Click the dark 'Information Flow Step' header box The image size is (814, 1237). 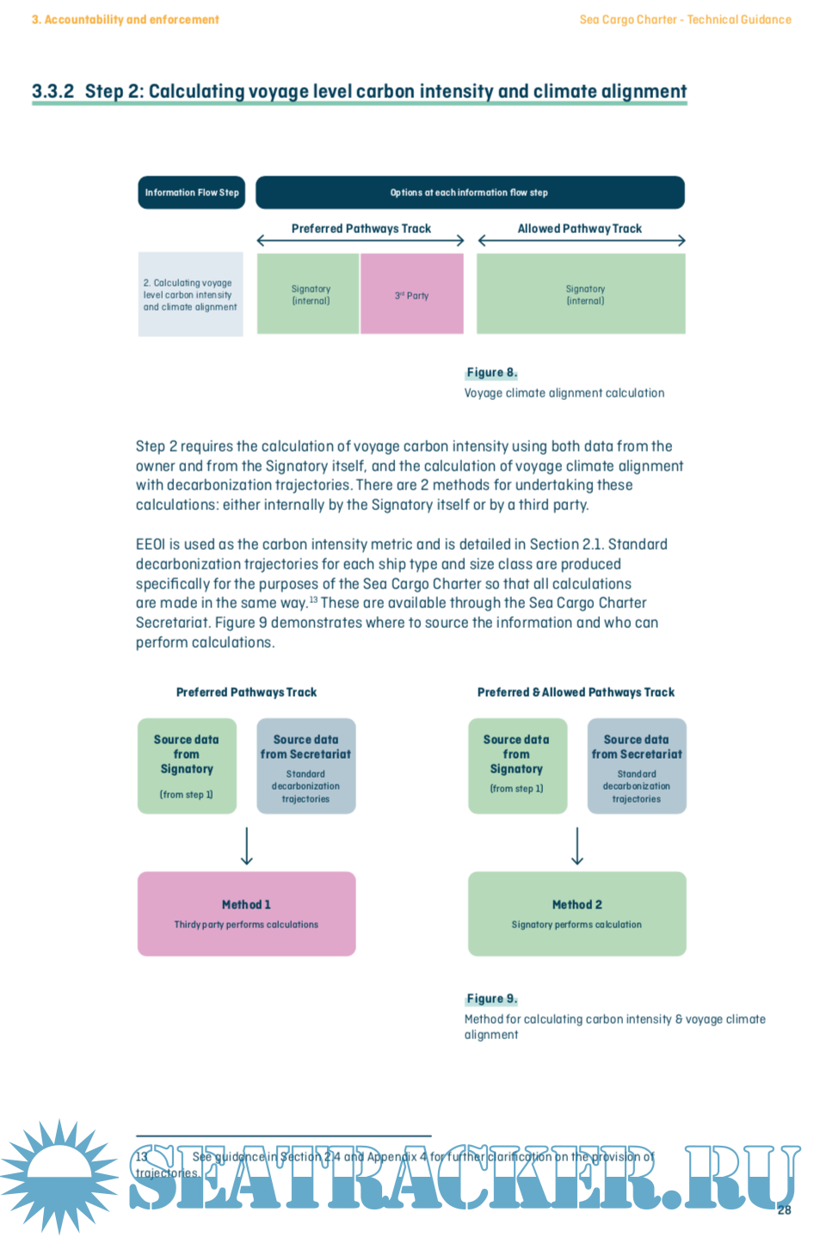pyautogui.click(x=192, y=193)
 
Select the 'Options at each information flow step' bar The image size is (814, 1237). pyautogui.click(x=470, y=193)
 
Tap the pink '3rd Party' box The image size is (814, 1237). pyautogui.click(x=411, y=294)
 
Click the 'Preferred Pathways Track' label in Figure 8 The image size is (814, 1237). pyautogui.click(x=361, y=229)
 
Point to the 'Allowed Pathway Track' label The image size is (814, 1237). pyautogui.click(x=579, y=229)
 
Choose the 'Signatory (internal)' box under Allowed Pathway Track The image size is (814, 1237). pyautogui.click(x=581, y=294)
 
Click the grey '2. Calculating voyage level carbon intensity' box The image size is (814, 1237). pyautogui.click(x=190, y=294)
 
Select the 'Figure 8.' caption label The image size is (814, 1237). pyautogui.click(x=491, y=372)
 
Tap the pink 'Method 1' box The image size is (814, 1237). pyautogui.click(x=246, y=914)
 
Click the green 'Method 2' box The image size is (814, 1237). pyautogui.click(x=577, y=914)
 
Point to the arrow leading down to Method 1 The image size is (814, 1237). pyautogui.click(x=247, y=846)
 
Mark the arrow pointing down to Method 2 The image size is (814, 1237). pyautogui.click(x=577, y=846)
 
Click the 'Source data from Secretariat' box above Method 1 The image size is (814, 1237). pyautogui.click(x=305, y=766)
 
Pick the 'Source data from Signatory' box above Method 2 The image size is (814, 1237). pyautogui.click(x=516, y=766)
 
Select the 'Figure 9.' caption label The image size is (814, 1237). pyautogui.click(x=491, y=999)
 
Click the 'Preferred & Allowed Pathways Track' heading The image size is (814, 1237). pyautogui.click(x=576, y=692)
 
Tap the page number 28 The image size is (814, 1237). pyautogui.click(x=784, y=1210)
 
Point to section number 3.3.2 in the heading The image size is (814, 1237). pyautogui.click(x=52, y=91)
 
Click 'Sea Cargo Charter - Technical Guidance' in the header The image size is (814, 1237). pyautogui.click(x=685, y=20)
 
